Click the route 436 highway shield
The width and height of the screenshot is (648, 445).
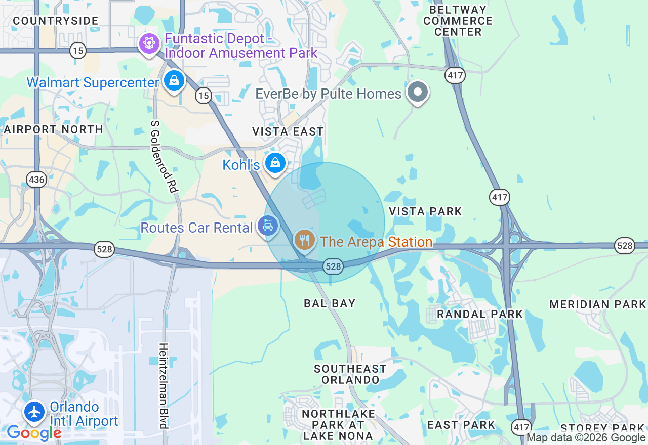click(x=37, y=179)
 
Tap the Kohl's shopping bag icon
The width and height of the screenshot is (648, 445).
click(x=275, y=163)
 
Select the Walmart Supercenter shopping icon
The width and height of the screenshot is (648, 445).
click(x=174, y=80)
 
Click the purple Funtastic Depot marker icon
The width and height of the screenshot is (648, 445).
click(x=149, y=43)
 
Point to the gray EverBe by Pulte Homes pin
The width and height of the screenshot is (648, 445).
click(x=418, y=92)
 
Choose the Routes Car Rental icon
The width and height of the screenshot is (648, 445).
click(x=267, y=226)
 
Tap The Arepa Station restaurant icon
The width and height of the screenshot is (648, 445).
click(x=304, y=240)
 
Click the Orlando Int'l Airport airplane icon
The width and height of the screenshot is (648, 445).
click(x=34, y=412)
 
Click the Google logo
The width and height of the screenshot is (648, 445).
click(x=33, y=433)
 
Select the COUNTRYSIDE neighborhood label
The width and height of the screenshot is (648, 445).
click(x=55, y=21)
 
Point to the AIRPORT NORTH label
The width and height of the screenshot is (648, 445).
click(x=53, y=129)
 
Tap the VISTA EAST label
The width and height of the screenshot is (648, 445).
click(x=288, y=131)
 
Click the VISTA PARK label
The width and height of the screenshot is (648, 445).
click(x=425, y=211)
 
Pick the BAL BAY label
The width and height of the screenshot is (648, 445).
click(x=330, y=303)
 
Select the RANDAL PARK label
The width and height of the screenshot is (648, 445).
click(x=479, y=314)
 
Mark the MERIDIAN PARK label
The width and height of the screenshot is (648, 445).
click(x=598, y=304)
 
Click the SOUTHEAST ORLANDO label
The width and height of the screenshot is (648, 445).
click(x=350, y=374)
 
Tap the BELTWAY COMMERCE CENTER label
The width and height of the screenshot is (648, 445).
click(x=458, y=21)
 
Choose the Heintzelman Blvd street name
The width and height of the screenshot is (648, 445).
click(x=163, y=385)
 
